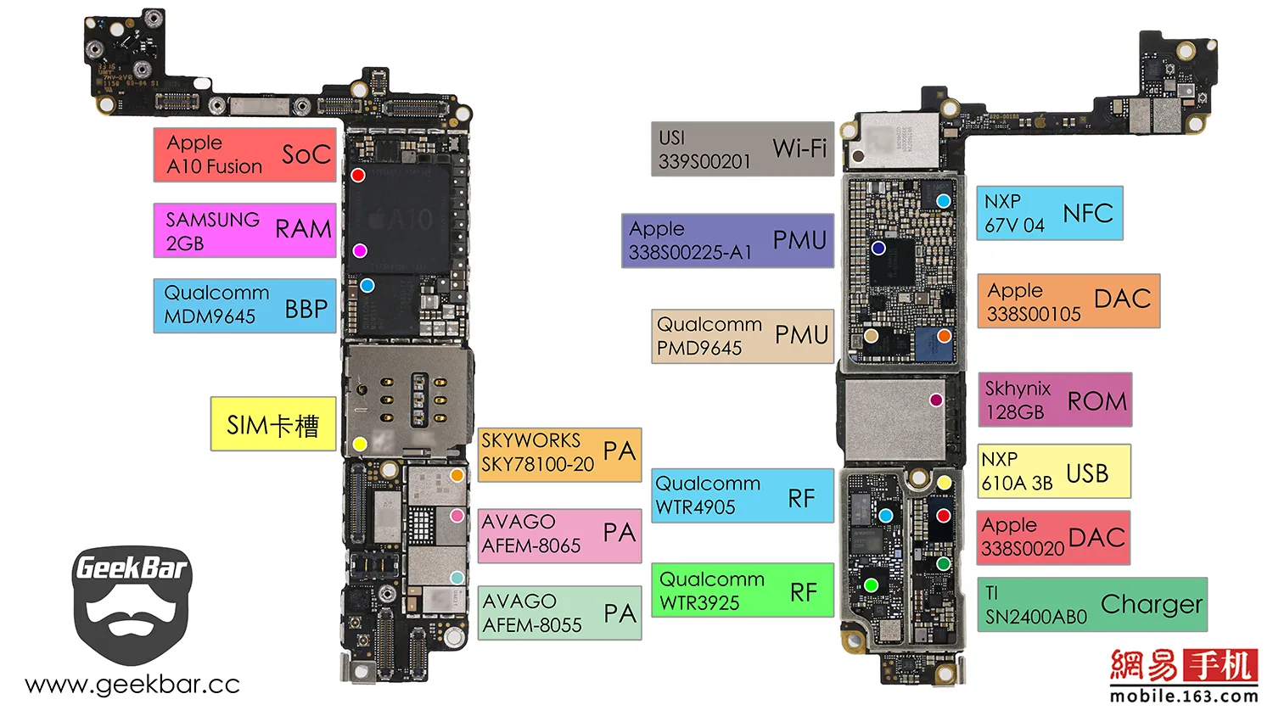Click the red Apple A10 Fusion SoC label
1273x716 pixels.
[x=244, y=154]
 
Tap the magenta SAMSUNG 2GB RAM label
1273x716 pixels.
[x=244, y=230]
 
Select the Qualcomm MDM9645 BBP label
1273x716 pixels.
[x=244, y=305]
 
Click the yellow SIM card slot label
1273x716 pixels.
[x=272, y=424]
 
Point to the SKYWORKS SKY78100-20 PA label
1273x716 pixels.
[x=559, y=455]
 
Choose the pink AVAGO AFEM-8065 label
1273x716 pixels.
[x=559, y=535]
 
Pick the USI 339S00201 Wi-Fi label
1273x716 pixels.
[x=743, y=149]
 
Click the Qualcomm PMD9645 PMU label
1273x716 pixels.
[x=743, y=337]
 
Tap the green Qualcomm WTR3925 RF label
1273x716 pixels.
[x=743, y=590]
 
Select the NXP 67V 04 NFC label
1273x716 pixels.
[x=1050, y=213]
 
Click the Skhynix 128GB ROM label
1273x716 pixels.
[x=1055, y=400]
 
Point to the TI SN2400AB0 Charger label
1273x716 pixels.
[x=1092, y=605]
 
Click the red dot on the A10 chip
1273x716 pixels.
[x=358, y=175]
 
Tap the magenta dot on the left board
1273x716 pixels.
[x=360, y=250]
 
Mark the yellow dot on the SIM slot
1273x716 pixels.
[x=360, y=444]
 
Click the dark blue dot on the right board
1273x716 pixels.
[x=878, y=248]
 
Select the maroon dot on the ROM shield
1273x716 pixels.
[x=936, y=400]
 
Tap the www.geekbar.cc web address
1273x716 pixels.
[x=132, y=685]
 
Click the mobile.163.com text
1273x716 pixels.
[x=1184, y=696]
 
